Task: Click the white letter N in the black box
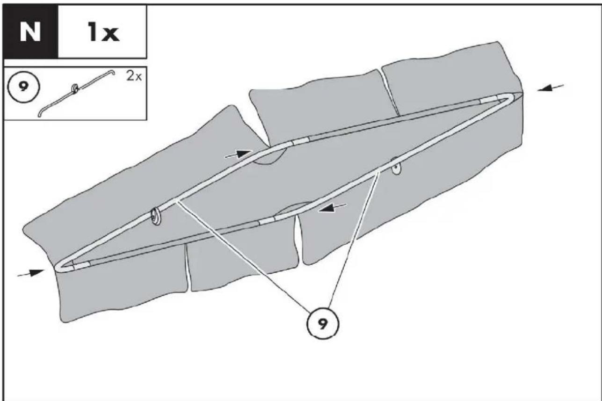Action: pos(30,31)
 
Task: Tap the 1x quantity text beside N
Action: pos(103,32)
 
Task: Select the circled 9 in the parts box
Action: pos(24,87)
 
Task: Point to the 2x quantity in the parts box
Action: pos(134,76)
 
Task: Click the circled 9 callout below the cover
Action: pos(322,324)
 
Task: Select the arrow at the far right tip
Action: pos(550,87)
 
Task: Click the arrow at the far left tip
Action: pos(30,273)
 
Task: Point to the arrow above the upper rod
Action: pos(239,154)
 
